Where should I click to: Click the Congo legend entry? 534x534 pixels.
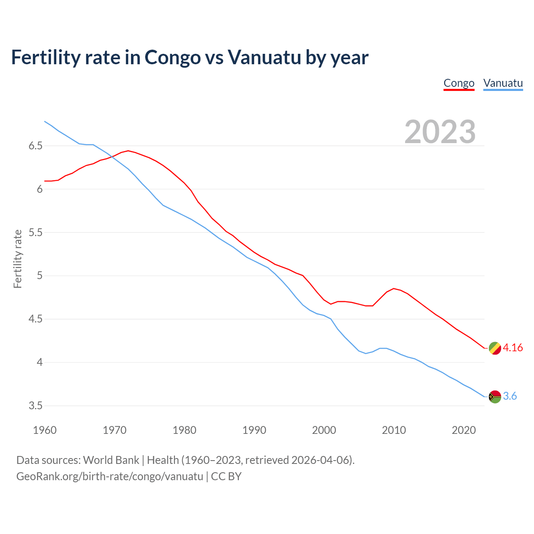(459, 83)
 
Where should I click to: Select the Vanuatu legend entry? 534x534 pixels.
(503, 83)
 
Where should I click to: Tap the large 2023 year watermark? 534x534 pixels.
(440, 132)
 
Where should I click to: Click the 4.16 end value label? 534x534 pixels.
(513, 348)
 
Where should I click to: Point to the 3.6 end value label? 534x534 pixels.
(510, 396)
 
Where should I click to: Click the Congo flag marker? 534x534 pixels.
(495, 348)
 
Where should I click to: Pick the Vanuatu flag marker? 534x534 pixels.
(495, 396)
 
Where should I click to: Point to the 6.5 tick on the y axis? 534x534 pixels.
(35, 146)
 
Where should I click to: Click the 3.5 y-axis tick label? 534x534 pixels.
(35, 406)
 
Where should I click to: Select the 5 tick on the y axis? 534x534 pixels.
(40, 276)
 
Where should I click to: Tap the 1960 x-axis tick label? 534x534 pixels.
(45, 430)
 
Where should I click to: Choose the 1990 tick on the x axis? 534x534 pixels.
(254, 430)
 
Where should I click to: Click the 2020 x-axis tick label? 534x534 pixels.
(463, 430)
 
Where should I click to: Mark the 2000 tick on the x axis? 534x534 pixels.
(324, 430)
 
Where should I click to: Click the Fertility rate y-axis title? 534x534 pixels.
(18, 259)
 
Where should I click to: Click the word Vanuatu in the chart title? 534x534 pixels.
(264, 58)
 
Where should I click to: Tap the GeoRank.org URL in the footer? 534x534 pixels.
(110, 476)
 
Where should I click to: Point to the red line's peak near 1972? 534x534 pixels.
(128, 151)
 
